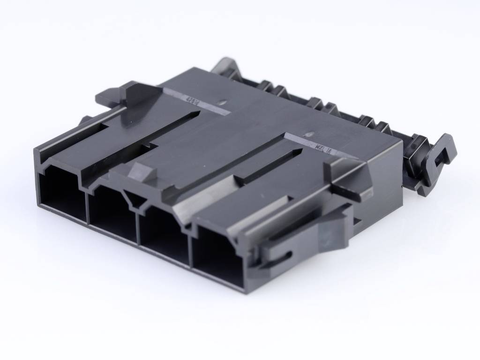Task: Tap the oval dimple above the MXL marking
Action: tap(310, 133)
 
